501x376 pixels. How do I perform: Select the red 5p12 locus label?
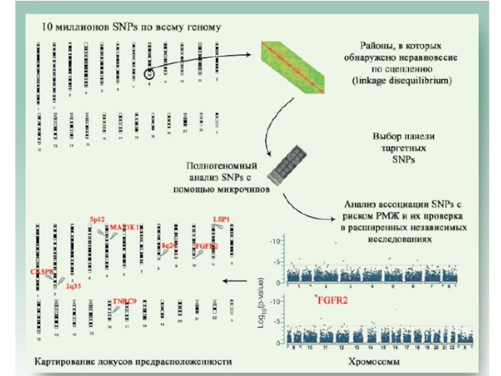97,220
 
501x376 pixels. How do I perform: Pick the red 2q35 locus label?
73,285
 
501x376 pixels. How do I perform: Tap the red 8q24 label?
169,245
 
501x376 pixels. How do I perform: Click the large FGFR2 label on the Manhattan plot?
333,300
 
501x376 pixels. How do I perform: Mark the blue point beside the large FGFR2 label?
316,295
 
